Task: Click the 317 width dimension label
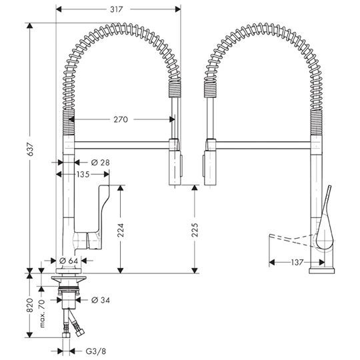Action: (x=117, y=9)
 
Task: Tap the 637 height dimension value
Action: (x=30, y=149)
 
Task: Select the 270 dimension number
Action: (x=121, y=119)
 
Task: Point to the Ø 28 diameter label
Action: (x=100, y=163)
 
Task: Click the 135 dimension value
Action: (x=83, y=175)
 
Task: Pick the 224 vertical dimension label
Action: (x=120, y=230)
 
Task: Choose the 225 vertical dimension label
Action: (x=195, y=230)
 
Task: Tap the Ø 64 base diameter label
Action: (x=69, y=261)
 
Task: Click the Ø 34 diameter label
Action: (x=101, y=300)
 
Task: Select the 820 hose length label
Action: (x=30, y=305)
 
